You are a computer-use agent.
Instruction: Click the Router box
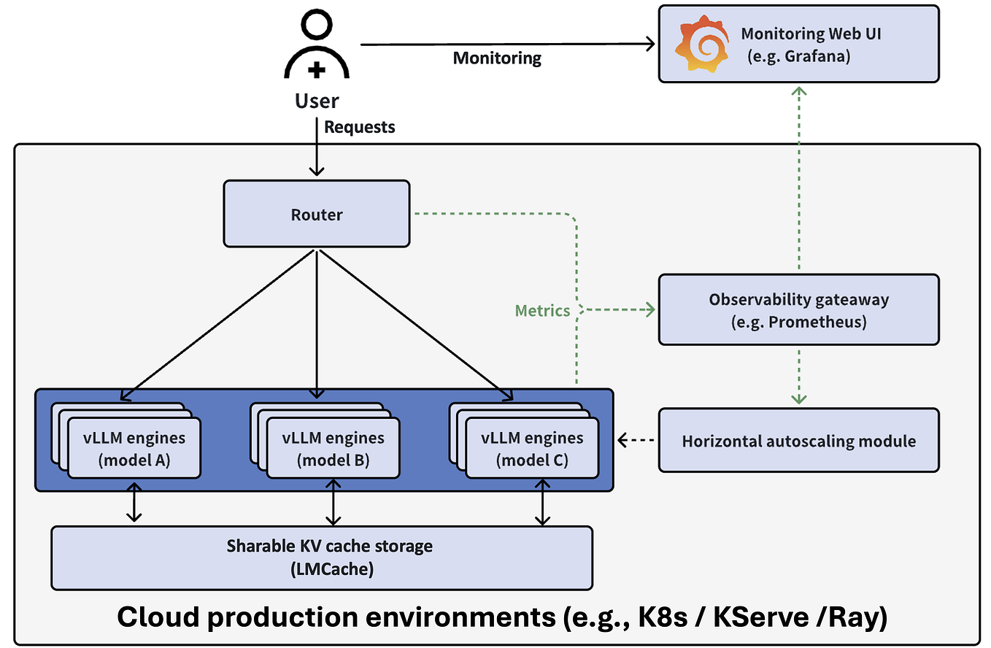[x=316, y=214]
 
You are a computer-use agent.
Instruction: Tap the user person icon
[x=316, y=47]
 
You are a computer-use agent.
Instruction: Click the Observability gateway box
[x=798, y=309]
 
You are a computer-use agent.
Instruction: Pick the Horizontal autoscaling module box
[x=798, y=441]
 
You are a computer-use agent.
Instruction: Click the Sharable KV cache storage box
[x=321, y=557]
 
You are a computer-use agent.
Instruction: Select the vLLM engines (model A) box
[x=134, y=449]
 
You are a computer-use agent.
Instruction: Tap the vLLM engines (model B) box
[x=333, y=449]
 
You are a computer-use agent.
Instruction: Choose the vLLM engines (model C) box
[x=532, y=449]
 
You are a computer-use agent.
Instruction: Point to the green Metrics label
[x=542, y=311]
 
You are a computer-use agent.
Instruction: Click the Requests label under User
[x=359, y=127]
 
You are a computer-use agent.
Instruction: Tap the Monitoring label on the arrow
[x=497, y=58]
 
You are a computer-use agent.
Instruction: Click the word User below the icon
[x=317, y=101]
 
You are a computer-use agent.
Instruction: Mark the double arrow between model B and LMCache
[x=333, y=502]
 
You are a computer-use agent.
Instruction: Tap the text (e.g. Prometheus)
[x=798, y=322]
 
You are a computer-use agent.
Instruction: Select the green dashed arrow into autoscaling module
[x=799, y=375]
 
